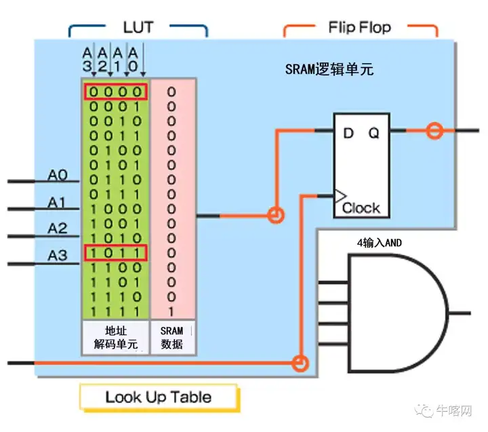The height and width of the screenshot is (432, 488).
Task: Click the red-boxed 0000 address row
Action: (115, 92)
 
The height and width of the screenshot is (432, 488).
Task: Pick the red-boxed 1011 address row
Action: (115, 253)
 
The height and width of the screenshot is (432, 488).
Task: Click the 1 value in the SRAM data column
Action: (171, 311)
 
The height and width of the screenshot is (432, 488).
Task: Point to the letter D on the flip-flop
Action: (348, 134)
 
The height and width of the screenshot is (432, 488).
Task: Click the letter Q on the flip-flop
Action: (374, 134)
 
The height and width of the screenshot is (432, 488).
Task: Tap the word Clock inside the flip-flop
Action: (361, 208)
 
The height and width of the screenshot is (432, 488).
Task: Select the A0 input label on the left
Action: (58, 176)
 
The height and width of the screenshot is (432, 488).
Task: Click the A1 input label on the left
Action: (58, 203)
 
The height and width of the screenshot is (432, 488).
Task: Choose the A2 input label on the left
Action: (58, 229)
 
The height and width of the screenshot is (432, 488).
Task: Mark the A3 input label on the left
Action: (58, 256)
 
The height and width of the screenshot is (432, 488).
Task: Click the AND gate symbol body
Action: (393, 313)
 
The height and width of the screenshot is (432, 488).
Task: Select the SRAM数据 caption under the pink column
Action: (171, 337)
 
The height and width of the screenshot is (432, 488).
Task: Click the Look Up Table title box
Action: (158, 397)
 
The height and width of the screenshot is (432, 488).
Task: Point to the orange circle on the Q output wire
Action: (433, 131)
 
